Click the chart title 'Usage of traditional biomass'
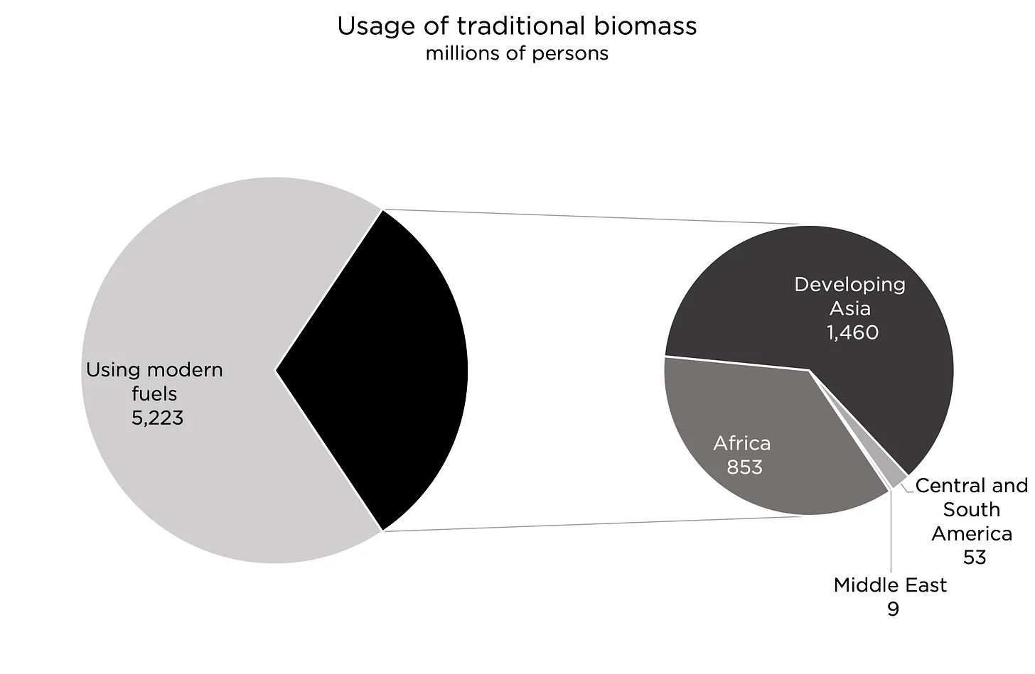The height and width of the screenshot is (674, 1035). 517,26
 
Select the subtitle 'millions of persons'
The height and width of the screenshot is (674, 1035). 517,54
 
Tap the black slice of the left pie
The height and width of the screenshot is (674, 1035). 384,369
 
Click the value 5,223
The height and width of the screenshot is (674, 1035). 157,418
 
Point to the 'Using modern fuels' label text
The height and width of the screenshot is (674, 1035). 154,381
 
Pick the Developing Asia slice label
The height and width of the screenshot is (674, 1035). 849,296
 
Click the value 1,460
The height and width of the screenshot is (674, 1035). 852,332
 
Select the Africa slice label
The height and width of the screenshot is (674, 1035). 742,443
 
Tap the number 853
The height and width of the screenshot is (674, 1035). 744,467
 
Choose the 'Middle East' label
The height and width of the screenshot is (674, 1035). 890,585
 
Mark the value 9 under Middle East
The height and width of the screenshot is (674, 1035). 893,609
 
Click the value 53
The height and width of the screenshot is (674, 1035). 975,558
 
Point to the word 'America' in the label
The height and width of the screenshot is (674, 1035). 972,533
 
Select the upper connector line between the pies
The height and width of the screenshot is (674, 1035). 597,217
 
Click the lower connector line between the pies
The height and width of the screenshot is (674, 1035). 597,523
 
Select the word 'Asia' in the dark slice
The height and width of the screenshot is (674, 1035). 849,308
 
